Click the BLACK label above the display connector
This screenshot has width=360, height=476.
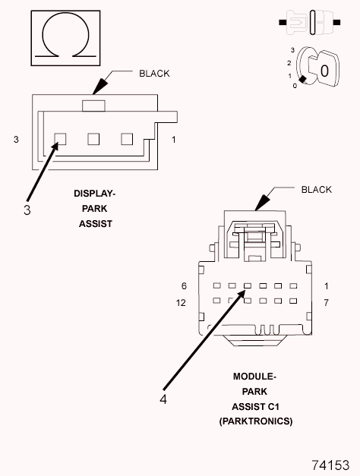(x=154, y=74)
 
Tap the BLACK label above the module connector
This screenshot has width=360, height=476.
(x=317, y=190)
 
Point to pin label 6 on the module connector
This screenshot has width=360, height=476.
(x=184, y=285)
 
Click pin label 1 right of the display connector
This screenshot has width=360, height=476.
(x=173, y=140)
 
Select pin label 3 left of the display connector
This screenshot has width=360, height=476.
(x=16, y=140)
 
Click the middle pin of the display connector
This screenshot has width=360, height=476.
(x=93, y=139)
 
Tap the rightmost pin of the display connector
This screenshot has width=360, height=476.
(x=126, y=139)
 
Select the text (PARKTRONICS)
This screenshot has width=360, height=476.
(x=255, y=421)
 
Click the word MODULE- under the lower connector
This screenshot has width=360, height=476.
(x=254, y=377)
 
